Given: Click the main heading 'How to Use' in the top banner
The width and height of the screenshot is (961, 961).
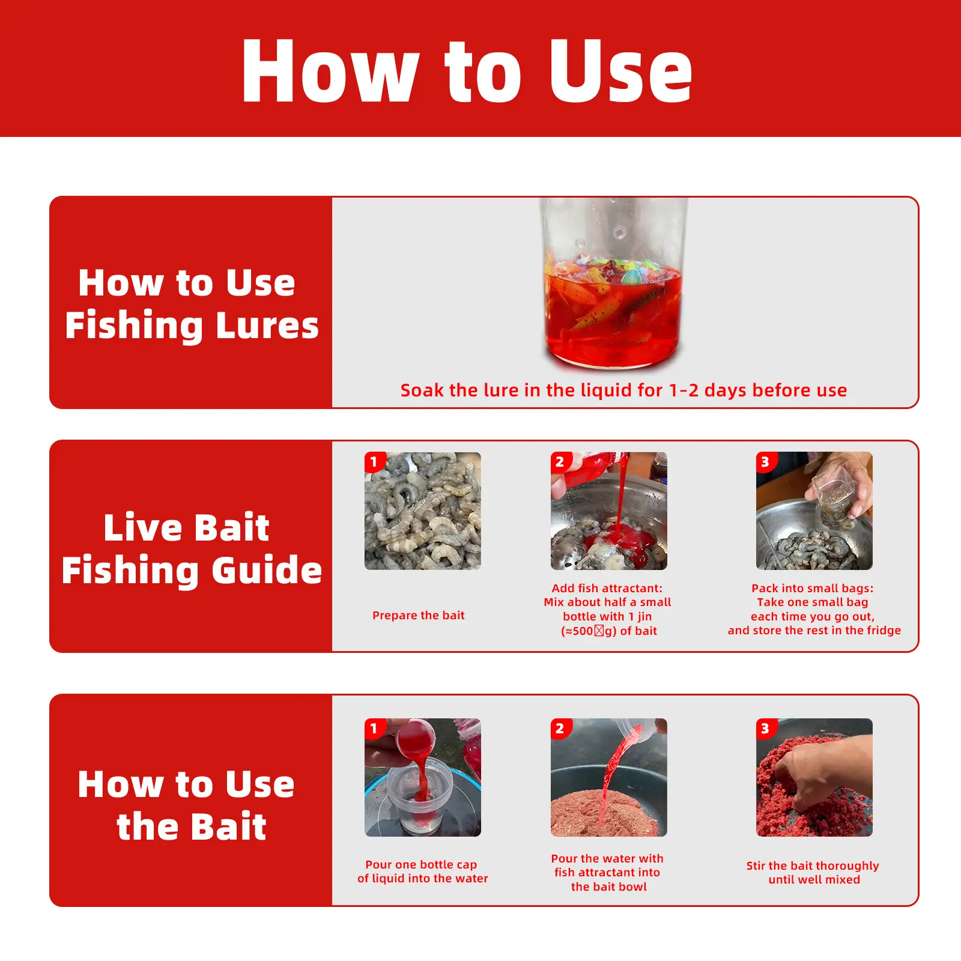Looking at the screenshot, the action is [x=467, y=70].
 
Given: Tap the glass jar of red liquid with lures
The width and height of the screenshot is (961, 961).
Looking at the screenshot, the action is [x=613, y=282].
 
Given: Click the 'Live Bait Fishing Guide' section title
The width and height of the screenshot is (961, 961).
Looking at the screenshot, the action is [x=192, y=548].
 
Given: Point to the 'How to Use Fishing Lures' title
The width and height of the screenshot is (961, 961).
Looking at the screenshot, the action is [x=192, y=304].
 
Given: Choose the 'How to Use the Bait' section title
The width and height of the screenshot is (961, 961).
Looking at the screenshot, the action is [x=186, y=805].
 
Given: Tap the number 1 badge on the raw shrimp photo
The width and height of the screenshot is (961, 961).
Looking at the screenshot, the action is [x=374, y=462].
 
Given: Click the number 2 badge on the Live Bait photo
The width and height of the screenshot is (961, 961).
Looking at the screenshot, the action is [x=560, y=462].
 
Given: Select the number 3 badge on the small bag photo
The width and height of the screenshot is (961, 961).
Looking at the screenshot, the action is [x=766, y=462].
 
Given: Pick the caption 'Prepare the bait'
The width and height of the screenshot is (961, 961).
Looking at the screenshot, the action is [x=419, y=615].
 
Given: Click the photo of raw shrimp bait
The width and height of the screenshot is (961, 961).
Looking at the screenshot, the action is [x=423, y=511].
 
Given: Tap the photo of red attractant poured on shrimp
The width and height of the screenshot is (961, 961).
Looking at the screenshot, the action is [x=609, y=511].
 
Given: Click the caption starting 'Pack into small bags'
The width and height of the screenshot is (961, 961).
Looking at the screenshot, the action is [x=814, y=609].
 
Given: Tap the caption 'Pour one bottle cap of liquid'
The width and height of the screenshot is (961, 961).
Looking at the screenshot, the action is [x=422, y=872].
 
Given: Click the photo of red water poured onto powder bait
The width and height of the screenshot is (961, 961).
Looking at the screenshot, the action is [x=609, y=777].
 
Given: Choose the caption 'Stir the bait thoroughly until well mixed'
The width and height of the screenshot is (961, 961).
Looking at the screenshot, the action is [x=813, y=872].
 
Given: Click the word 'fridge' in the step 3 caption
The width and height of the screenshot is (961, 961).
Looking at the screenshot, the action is [x=883, y=630].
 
